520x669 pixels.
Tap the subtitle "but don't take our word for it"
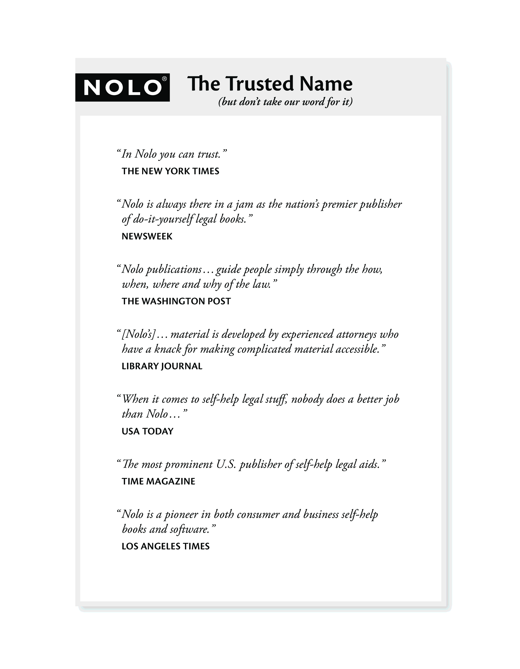tap(285, 102)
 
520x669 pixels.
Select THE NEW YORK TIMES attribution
tap(170, 171)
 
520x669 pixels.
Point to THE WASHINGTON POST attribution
tap(176, 301)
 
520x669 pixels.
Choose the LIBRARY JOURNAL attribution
tap(162, 366)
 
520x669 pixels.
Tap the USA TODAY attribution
tap(148, 432)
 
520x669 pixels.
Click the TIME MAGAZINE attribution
tap(158, 481)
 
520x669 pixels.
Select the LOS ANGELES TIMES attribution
tap(166, 546)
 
